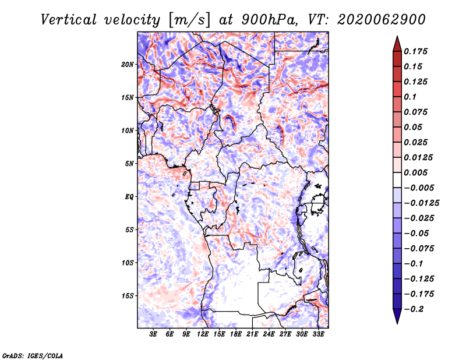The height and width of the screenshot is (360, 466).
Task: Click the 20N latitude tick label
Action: (x=128, y=64)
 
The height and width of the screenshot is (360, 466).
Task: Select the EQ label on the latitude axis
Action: (x=129, y=196)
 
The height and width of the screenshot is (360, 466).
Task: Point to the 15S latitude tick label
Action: (x=128, y=295)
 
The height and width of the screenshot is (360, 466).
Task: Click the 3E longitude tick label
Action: (x=154, y=334)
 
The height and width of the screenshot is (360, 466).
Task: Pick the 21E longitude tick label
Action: (x=253, y=334)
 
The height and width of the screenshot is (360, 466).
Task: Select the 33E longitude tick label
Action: (x=319, y=334)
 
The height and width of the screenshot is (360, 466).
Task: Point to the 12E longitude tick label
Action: (x=203, y=334)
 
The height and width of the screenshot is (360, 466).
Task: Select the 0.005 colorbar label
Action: (x=417, y=173)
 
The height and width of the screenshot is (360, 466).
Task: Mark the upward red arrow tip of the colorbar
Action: (x=397, y=38)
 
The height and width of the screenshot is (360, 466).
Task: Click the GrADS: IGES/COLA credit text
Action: (x=32, y=355)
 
